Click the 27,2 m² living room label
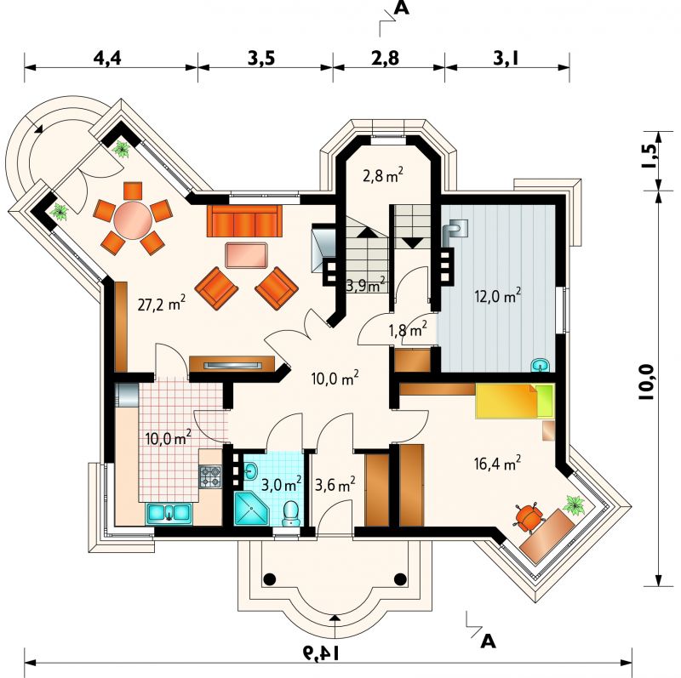(x=162, y=304)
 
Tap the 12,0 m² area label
(x=498, y=296)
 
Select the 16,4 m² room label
(x=498, y=463)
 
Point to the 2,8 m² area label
(x=382, y=175)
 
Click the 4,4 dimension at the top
(x=107, y=58)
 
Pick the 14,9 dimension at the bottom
(x=323, y=652)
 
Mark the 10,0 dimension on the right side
(x=646, y=382)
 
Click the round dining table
(x=132, y=220)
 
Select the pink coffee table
(x=246, y=256)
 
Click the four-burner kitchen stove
(x=210, y=476)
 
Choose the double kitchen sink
(x=169, y=513)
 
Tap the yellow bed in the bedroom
(x=515, y=401)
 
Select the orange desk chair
(x=529, y=516)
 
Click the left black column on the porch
(x=269, y=578)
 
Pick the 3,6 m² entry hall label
(x=335, y=484)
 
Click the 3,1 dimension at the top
(x=506, y=58)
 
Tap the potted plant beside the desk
(x=575, y=504)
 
